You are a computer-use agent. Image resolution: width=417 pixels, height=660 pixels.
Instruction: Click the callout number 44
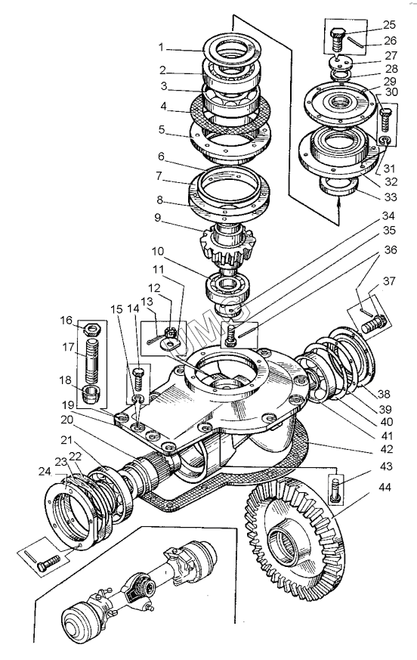click(385, 487)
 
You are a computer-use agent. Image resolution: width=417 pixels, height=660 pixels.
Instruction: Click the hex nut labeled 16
click(91, 327)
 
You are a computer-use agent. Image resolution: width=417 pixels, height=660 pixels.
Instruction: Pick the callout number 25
click(390, 25)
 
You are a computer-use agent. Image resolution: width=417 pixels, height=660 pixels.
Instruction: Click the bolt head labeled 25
click(338, 33)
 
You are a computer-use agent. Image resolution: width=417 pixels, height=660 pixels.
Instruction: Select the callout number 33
click(391, 197)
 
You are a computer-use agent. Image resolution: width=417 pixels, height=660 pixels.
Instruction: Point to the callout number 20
click(66, 420)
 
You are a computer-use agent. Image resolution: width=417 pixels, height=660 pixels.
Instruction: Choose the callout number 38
click(384, 395)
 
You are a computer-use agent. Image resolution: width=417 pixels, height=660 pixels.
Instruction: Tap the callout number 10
click(158, 252)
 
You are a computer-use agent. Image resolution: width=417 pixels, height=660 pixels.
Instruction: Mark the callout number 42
click(386, 449)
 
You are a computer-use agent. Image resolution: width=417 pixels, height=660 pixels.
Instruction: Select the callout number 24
click(45, 473)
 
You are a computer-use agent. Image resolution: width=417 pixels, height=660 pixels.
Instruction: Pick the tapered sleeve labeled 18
click(91, 394)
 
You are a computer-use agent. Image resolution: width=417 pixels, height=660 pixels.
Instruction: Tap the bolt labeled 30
click(386, 119)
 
